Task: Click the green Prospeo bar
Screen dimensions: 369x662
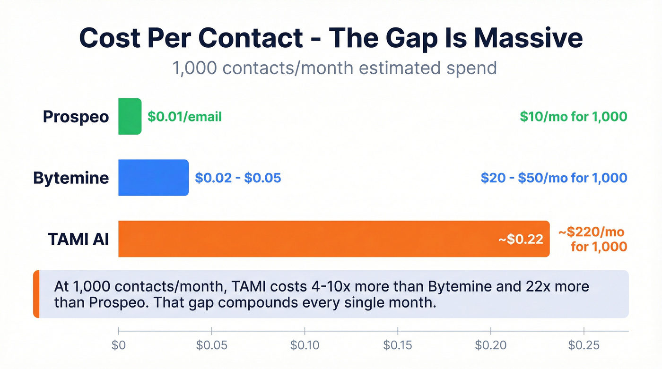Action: coord(130,116)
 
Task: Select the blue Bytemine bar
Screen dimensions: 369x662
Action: coord(153,178)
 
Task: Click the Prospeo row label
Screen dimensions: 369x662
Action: coord(76,117)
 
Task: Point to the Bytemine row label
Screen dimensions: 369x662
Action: coord(71,178)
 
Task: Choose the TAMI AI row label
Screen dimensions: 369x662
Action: coord(78,239)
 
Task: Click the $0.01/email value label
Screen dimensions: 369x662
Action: coord(184,117)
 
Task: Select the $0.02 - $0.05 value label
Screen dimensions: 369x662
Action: coord(238,178)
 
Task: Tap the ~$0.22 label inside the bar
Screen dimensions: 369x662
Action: coord(521,240)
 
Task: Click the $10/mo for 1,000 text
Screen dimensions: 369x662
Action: coord(573,117)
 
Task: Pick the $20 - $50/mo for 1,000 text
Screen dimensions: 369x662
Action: coord(554,178)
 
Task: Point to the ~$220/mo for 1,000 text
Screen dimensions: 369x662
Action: coord(592,240)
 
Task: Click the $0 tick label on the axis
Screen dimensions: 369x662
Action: coord(118,345)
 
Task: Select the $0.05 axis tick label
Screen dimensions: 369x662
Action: coord(211,345)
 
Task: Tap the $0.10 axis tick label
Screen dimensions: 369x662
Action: coord(305,345)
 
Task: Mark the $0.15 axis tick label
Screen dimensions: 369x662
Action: coord(398,345)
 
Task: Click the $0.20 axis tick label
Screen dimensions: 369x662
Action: coord(491,345)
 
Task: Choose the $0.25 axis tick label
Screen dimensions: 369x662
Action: coord(584,345)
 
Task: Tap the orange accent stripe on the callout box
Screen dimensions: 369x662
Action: coord(36,294)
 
